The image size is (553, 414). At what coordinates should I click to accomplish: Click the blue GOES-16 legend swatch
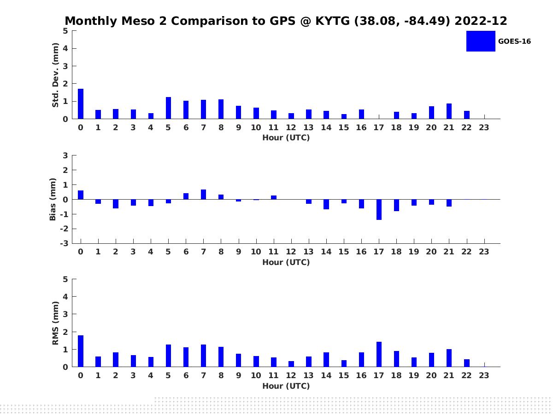(x=481, y=41)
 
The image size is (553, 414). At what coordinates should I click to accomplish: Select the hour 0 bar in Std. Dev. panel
(x=81, y=104)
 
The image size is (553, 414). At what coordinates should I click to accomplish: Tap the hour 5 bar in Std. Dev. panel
(x=168, y=108)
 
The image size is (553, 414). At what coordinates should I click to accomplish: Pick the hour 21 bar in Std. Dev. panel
(x=449, y=111)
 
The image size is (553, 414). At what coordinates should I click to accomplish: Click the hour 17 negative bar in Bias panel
(x=379, y=210)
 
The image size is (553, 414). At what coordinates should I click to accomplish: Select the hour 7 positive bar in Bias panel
(x=203, y=194)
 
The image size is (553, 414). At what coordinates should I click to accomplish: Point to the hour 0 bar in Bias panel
(x=81, y=195)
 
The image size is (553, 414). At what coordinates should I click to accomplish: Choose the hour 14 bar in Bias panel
(x=326, y=204)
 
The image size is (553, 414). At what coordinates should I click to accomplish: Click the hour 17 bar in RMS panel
(x=379, y=354)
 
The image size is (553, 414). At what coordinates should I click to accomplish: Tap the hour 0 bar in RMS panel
(x=81, y=351)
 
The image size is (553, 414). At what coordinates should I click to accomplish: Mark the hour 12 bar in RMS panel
(x=291, y=364)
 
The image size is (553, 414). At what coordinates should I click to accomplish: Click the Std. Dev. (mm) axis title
(x=55, y=75)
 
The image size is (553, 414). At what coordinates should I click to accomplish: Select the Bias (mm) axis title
(x=53, y=199)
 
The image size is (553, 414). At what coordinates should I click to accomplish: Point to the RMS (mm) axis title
(x=55, y=323)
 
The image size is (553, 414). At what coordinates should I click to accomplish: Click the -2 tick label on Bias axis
(x=64, y=229)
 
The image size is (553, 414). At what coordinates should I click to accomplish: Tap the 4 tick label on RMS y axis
(x=65, y=297)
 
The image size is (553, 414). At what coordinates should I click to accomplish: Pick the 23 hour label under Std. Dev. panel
(x=484, y=127)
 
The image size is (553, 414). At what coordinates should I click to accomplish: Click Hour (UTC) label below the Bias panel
(x=286, y=262)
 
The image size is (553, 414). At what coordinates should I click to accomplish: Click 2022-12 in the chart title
(x=481, y=21)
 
